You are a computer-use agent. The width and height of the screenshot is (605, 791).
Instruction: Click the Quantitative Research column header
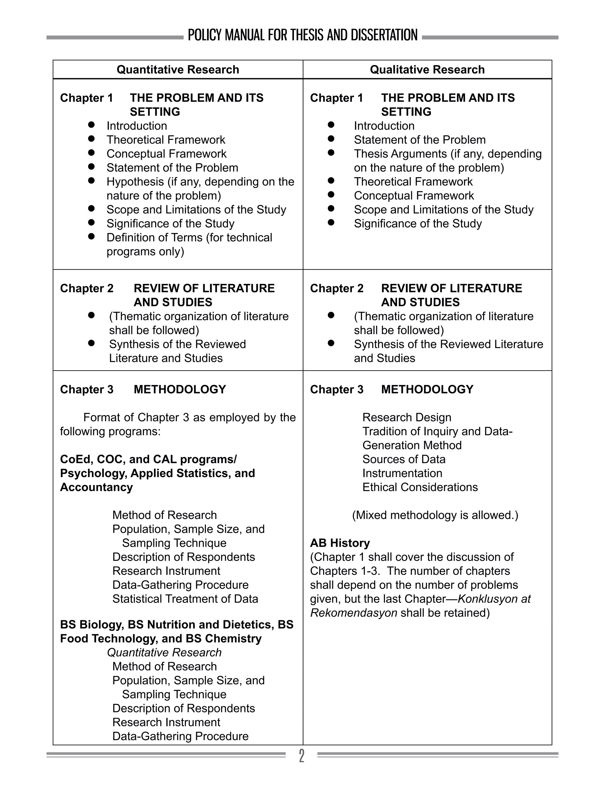point(178,69)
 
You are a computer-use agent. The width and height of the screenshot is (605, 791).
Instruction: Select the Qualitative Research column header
point(427,69)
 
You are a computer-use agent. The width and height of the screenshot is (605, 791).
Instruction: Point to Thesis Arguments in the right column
point(400,154)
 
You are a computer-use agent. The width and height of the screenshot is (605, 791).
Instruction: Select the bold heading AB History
point(340,543)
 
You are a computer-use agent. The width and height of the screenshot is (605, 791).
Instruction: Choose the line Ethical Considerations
point(420,487)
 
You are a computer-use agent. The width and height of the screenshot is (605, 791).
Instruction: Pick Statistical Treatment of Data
point(185,599)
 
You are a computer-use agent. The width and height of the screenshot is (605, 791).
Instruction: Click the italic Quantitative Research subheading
point(164,652)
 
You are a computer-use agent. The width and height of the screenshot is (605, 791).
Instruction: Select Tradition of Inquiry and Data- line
point(437,431)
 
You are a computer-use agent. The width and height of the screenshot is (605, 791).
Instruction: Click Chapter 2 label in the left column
point(87,288)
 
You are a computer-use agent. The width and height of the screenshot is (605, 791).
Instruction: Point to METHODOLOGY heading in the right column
point(427,389)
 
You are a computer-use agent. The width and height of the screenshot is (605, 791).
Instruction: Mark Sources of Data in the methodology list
point(404,459)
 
